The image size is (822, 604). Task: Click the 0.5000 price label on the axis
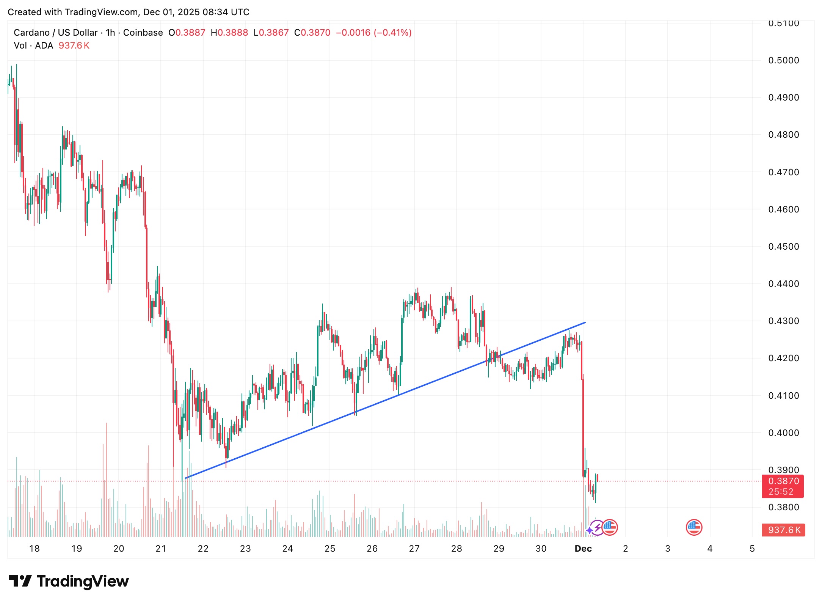coord(783,60)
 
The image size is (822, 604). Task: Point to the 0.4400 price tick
coord(783,284)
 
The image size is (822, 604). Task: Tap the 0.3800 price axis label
coord(783,507)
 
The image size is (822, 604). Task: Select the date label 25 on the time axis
coord(330,549)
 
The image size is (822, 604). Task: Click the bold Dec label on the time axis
coord(583,549)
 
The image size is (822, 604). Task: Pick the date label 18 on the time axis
coord(35,549)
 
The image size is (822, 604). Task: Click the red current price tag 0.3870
coord(783,481)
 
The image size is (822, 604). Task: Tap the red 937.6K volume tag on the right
coord(784,530)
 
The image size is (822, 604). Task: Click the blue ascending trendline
coord(385,400)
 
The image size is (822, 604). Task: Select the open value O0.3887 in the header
coord(187,33)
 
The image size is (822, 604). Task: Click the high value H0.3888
coord(229,33)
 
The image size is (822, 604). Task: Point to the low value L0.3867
coord(271,33)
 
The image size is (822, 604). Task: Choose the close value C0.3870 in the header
coord(312,33)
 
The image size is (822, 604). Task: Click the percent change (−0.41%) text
coord(393,33)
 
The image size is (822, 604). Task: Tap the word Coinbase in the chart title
coord(143,33)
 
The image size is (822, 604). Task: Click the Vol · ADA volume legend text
coord(33,46)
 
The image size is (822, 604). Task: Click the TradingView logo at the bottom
coord(69,581)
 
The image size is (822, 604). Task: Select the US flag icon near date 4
coord(694,527)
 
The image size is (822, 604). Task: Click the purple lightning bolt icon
coord(597,527)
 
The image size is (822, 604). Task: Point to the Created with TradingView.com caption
coord(129,12)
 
